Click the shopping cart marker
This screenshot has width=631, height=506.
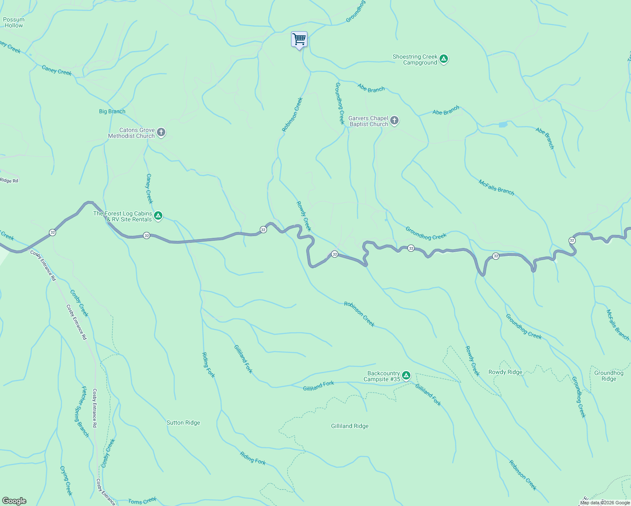[x=299, y=40]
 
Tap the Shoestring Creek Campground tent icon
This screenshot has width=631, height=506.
[x=443, y=59]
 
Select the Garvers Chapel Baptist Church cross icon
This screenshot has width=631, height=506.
[x=394, y=121]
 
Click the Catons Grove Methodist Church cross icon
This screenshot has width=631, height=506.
[x=161, y=133]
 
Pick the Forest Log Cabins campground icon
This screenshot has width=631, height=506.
[x=158, y=216]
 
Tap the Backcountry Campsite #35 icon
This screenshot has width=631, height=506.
[x=406, y=376]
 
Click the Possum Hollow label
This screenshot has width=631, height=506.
[x=14, y=22]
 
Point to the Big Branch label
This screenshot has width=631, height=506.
[x=112, y=111]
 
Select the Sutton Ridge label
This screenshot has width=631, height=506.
[x=183, y=423]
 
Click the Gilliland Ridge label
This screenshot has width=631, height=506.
[x=350, y=426]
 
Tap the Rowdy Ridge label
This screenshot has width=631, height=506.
[x=505, y=372]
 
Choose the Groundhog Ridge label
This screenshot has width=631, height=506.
[x=608, y=376]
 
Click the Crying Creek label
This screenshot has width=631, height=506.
[x=66, y=481]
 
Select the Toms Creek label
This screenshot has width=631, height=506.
[x=142, y=501]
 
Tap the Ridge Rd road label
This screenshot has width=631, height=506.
[x=9, y=180]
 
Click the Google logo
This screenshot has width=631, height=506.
[x=14, y=501]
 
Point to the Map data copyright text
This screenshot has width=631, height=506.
[x=604, y=503]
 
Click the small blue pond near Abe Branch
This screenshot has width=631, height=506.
[x=503, y=125]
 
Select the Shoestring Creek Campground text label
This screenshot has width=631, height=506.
[x=415, y=59]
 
